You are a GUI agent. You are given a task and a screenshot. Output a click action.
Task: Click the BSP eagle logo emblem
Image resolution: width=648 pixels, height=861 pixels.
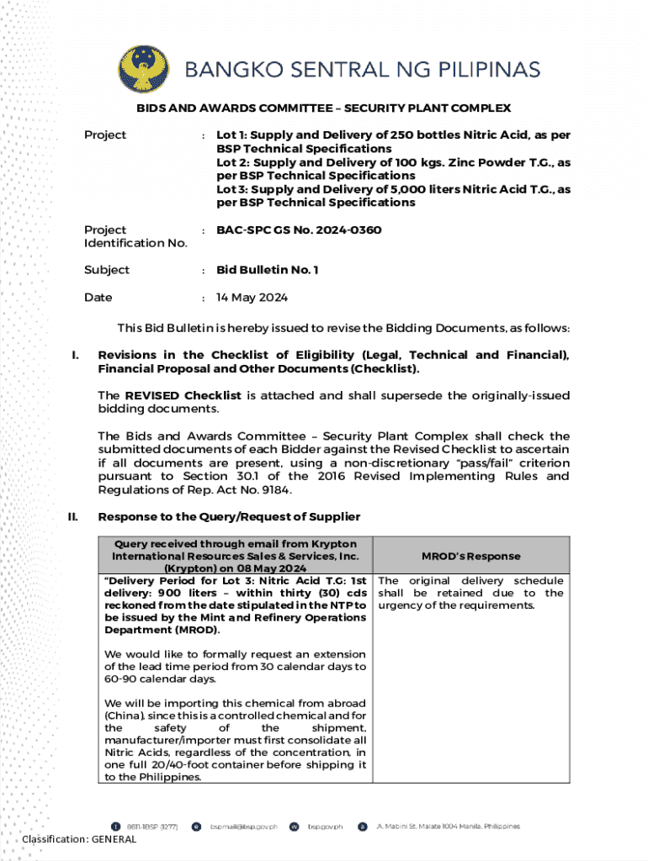click(x=141, y=68)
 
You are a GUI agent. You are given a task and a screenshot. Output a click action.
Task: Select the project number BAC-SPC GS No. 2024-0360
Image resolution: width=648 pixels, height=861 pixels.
click(x=299, y=230)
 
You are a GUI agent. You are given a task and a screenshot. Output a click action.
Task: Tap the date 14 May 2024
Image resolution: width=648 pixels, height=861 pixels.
click(x=252, y=298)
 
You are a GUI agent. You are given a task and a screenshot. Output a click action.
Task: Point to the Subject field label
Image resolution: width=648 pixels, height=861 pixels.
click(x=107, y=270)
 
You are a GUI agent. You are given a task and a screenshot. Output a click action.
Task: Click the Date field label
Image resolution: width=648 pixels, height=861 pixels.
click(x=98, y=298)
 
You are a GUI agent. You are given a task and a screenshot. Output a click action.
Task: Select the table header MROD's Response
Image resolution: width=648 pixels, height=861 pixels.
click(x=470, y=556)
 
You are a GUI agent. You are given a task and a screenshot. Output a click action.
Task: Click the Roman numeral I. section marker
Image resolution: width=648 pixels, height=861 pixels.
click(x=75, y=356)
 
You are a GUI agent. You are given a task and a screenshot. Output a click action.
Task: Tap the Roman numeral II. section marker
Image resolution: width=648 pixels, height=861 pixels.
click(x=73, y=516)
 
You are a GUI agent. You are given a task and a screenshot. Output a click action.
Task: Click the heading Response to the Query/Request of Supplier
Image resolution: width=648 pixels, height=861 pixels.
click(x=229, y=516)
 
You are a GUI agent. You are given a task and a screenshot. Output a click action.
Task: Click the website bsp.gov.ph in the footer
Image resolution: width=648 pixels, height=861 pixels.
click(x=325, y=827)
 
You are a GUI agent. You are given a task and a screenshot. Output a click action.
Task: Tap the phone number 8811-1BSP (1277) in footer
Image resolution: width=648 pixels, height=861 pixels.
click(x=151, y=827)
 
